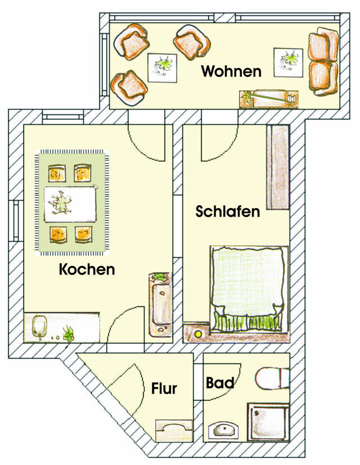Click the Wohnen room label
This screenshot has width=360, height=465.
[x=231, y=72]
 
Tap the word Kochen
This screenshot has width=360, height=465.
[x=87, y=269]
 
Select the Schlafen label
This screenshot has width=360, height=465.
[x=228, y=212]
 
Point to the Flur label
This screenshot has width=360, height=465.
[x=164, y=388]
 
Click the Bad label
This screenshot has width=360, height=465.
[x=220, y=383]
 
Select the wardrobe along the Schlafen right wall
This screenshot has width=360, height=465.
[x=277, y=167]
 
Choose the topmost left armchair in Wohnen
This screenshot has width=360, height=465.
[x=133, y=40]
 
